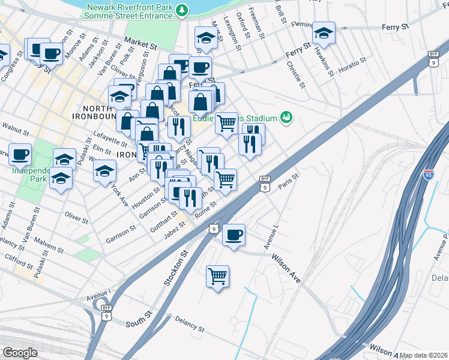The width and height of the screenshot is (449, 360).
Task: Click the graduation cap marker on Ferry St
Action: coord(324,34)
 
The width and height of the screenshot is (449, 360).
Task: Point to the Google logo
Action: coord(19,353)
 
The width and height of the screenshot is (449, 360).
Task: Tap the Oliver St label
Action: coord(76,216)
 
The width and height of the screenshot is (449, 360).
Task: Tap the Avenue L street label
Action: coord(271,238)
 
